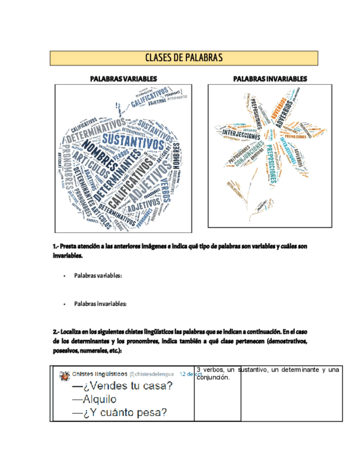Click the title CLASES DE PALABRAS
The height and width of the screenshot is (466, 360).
(184, 58)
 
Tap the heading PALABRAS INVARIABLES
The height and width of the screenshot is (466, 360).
(270, 79)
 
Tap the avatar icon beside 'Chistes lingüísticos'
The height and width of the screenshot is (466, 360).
(65, 374)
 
